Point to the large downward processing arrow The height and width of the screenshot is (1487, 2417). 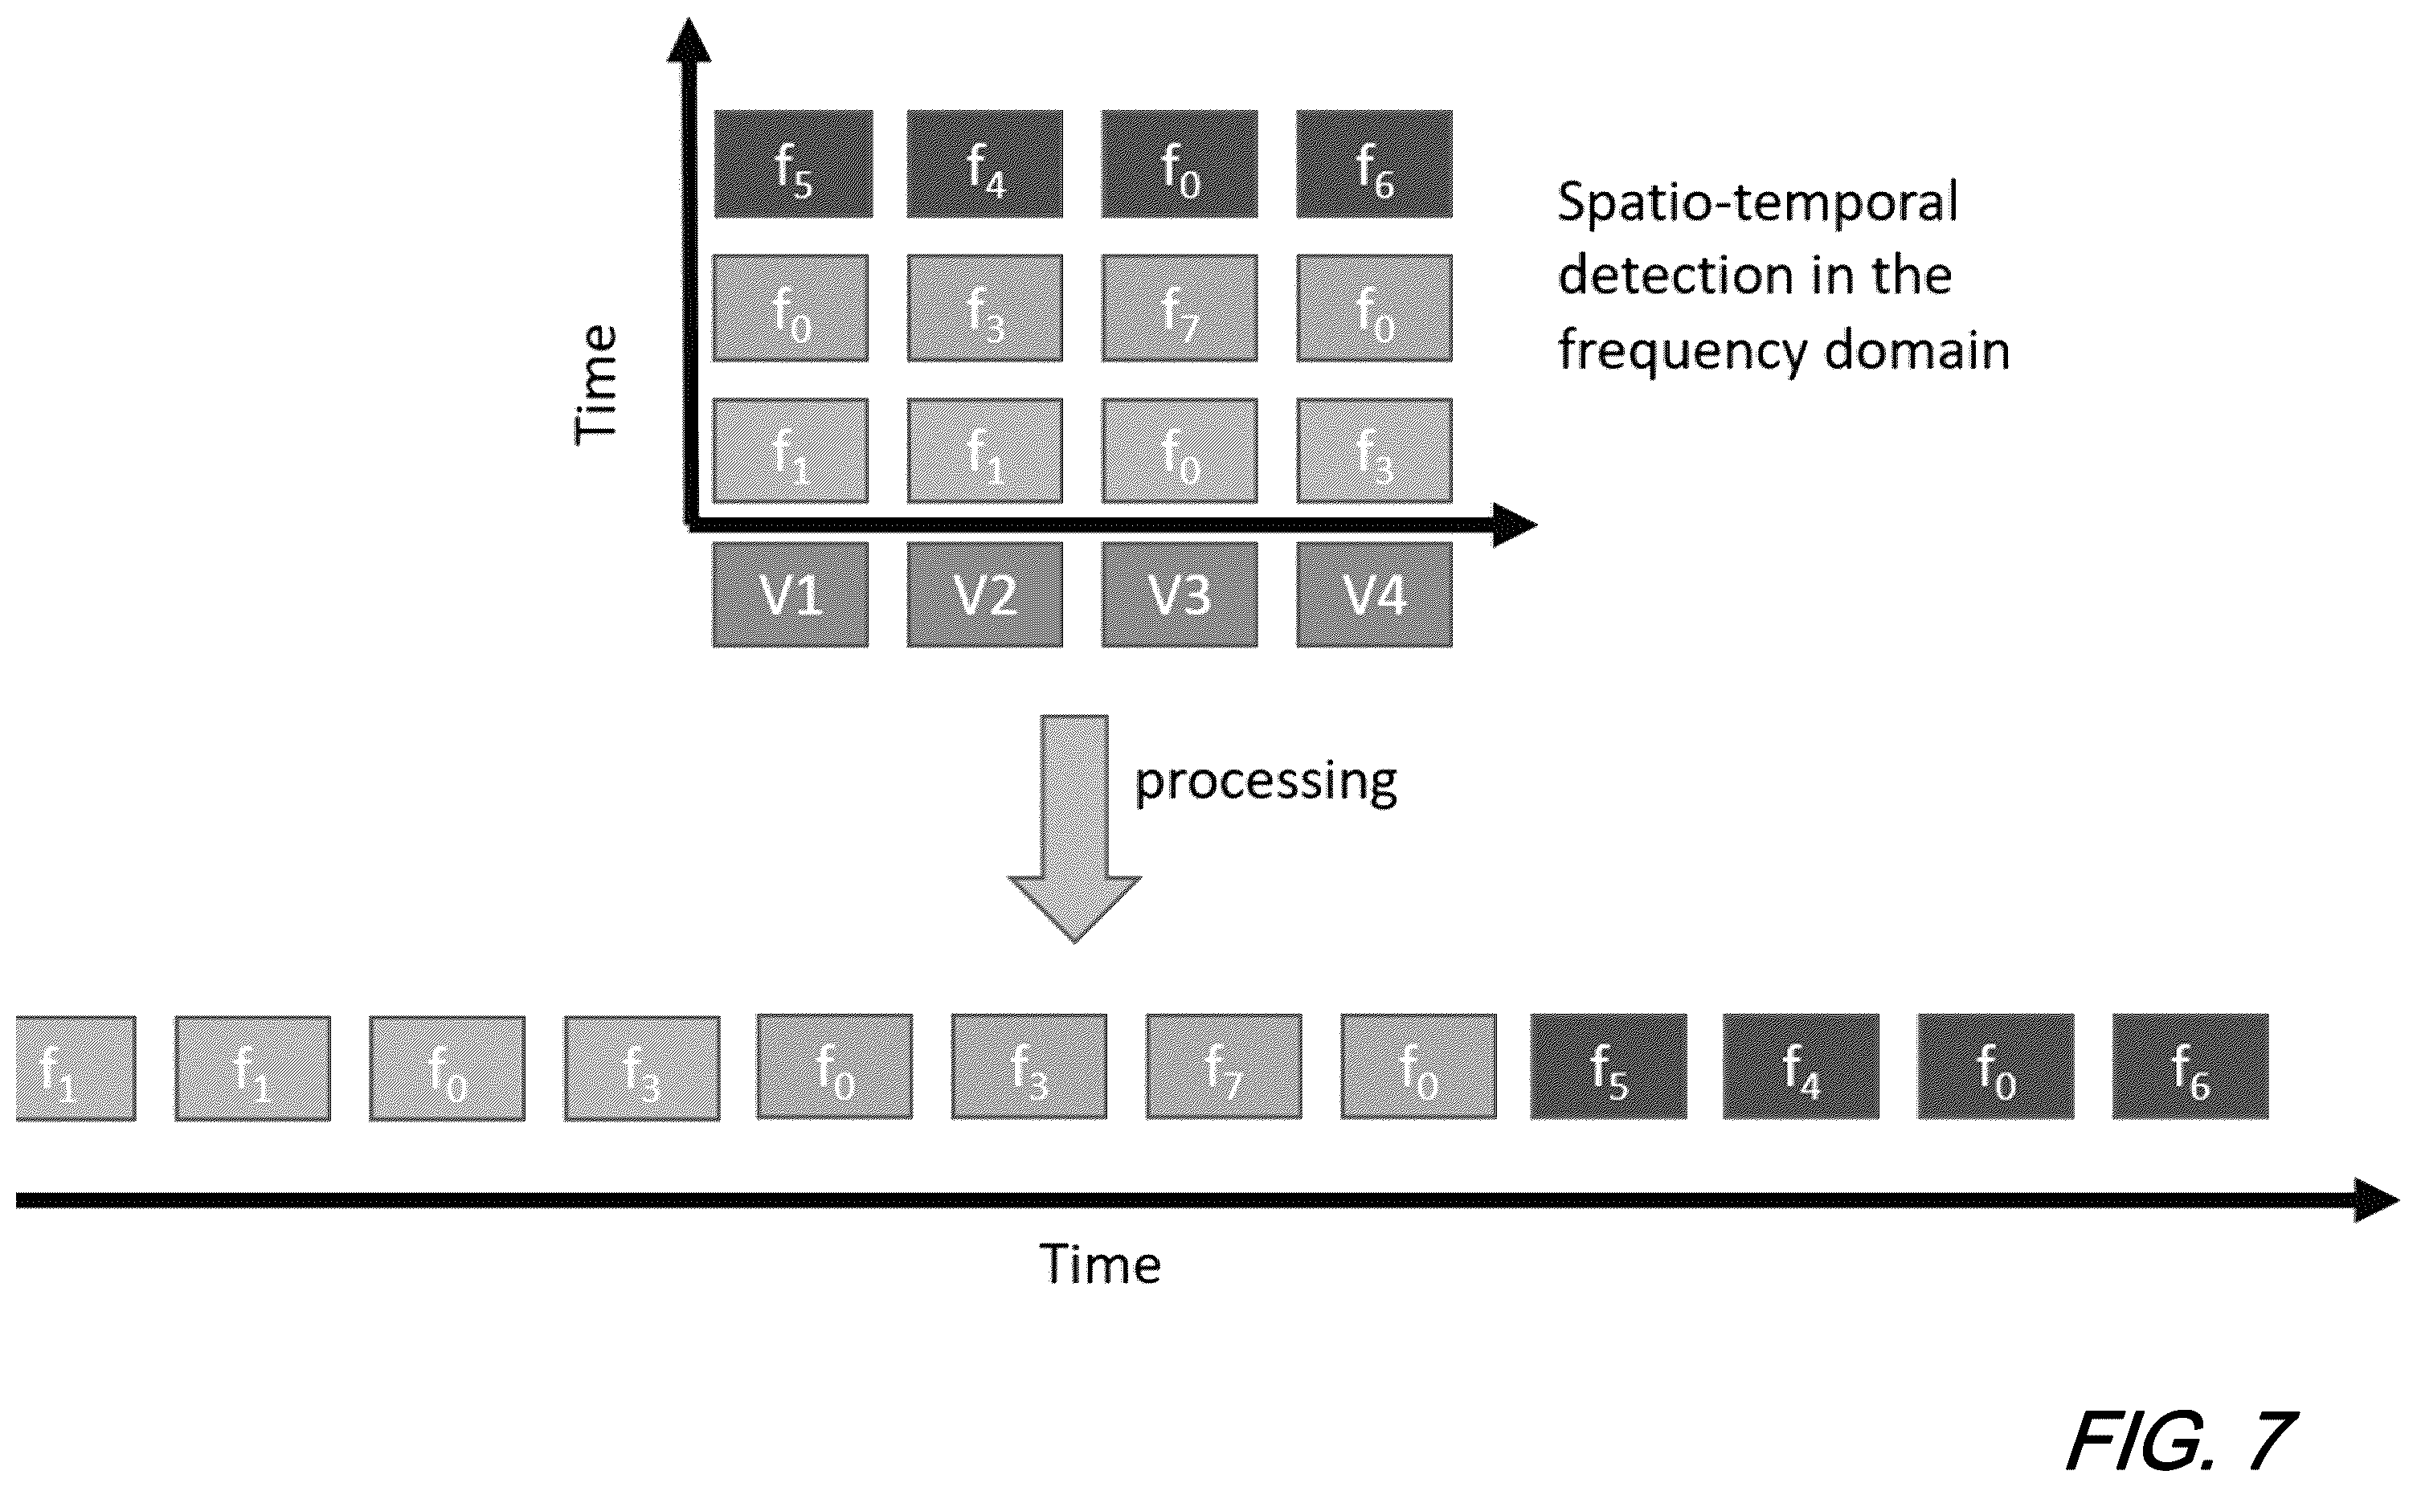[x=1074, y=828]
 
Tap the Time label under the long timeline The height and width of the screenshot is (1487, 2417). [x=1101, y=1264]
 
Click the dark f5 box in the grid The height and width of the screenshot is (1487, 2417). [x=793, y=163]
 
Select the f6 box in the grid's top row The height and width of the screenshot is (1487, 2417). [x=1374, y=163]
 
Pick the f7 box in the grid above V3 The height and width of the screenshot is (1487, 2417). [x=1180, y=308]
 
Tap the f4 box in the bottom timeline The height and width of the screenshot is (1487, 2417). [x=1800, y=1067]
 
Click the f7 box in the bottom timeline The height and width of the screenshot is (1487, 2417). [x=1224, y=1067]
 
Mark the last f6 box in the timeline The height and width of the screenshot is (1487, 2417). [x=2190, y=1067]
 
